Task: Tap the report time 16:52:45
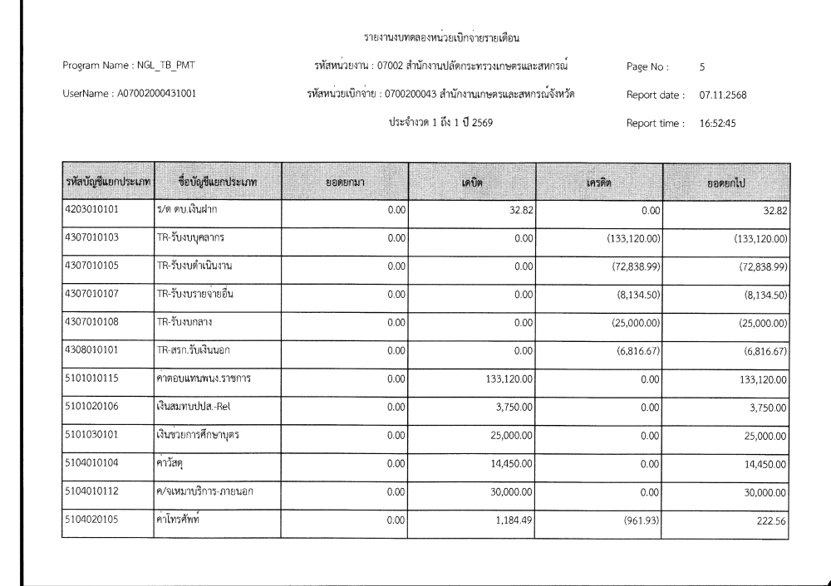(719, 125)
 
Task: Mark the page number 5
(703, 66)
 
